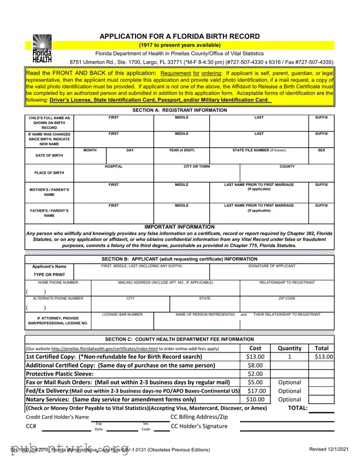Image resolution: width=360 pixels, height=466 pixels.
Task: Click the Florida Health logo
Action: click(42, 48)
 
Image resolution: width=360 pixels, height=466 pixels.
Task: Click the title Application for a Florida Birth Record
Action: click(180, 36)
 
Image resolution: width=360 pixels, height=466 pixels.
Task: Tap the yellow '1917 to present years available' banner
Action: click(180, 45)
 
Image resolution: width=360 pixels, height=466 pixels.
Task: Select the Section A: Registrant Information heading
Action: click(180, 110)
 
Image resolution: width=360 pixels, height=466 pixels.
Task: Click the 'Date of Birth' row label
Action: click(49, 156)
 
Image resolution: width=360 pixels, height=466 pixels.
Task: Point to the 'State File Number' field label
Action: click(259, 150)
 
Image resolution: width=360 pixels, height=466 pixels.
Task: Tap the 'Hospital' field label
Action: click(113, 166)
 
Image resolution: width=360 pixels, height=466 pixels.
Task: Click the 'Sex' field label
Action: click(321, 150)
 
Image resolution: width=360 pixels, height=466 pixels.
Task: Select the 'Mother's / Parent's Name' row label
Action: click(49, 192)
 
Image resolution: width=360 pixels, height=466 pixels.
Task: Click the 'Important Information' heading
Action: click(180, 227)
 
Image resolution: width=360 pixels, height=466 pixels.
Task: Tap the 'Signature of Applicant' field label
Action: click(272, 266)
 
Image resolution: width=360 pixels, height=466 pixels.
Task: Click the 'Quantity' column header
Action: click(289, 348)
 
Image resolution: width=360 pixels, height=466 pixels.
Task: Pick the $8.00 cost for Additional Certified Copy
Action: click(255, 365)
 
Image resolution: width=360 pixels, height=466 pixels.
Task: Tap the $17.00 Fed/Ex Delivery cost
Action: click(255, 391)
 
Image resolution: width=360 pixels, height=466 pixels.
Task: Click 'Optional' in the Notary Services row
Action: click(289, 399)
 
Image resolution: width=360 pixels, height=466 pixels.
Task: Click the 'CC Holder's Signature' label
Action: click(199, 426)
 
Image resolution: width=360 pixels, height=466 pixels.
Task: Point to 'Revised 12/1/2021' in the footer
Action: click(330, 450)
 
